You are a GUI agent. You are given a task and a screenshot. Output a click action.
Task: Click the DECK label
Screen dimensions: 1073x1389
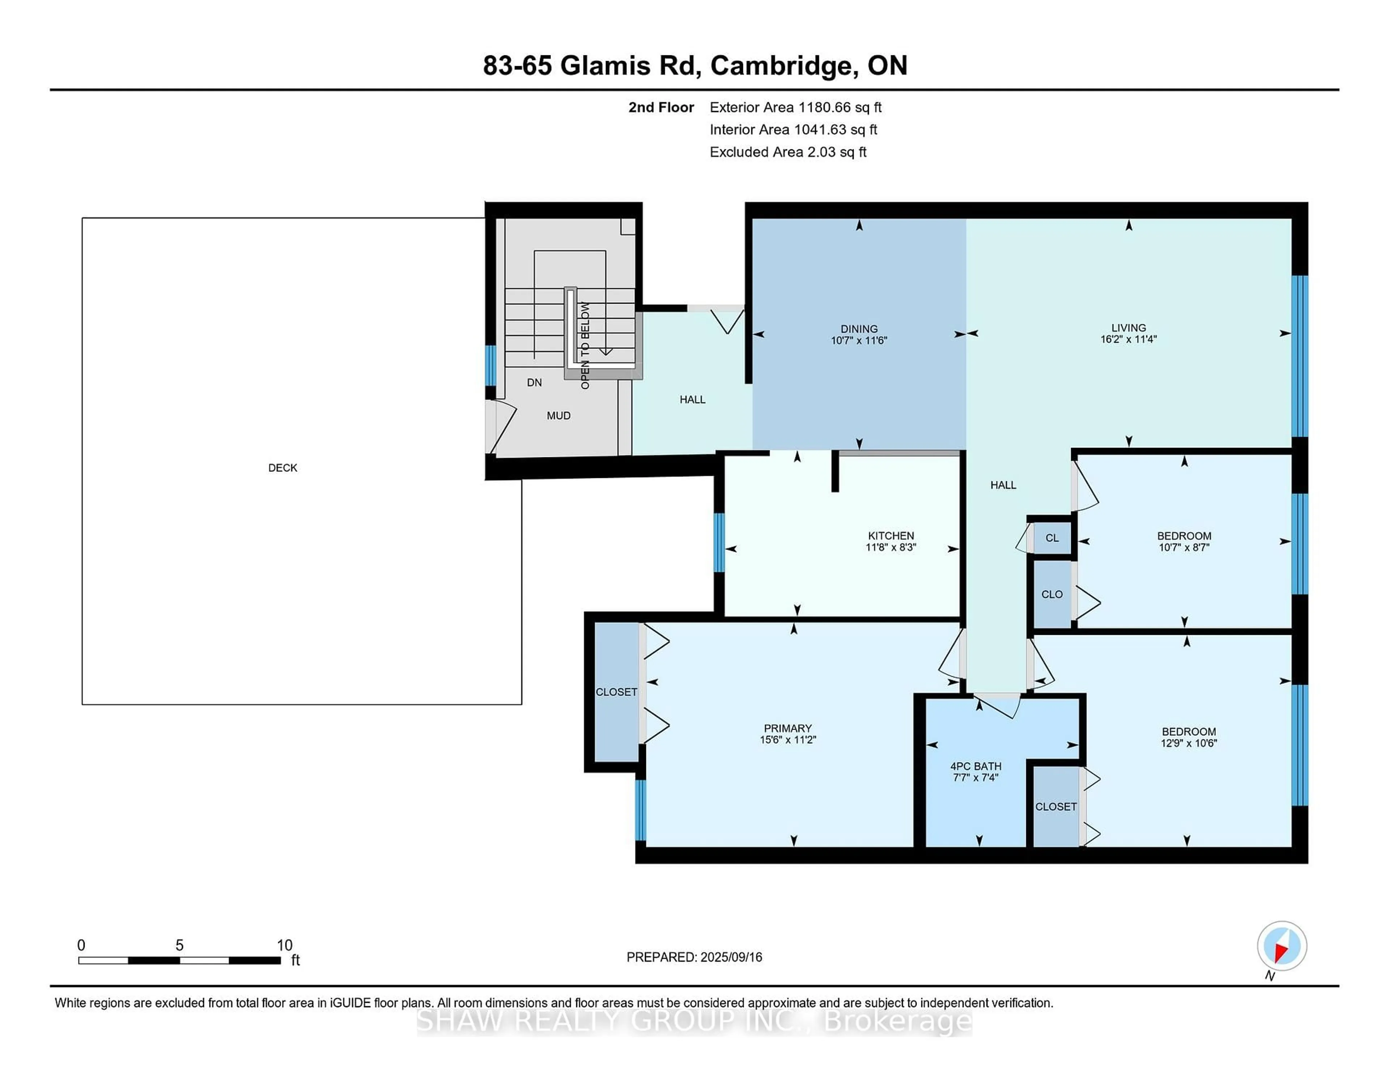point(283,468)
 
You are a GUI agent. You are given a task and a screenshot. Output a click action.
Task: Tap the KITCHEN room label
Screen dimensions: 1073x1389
point(891,536)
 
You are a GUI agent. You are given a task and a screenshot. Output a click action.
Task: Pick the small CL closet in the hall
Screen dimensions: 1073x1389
point(1052,538)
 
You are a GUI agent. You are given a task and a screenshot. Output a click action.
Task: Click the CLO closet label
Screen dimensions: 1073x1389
point(1052,594)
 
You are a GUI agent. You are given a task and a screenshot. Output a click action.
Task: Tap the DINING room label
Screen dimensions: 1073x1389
point(859,329)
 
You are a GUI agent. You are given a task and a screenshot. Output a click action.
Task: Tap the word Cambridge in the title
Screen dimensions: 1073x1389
point(781,65)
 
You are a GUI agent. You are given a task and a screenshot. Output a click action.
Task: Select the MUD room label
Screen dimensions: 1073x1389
point(558,416)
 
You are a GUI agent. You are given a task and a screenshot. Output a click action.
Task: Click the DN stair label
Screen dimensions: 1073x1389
point(534,382)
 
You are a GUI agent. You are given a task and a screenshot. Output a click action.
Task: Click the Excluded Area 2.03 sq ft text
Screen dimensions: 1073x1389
point(788,152)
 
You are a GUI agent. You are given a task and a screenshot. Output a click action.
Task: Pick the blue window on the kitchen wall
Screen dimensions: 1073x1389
point(719,542)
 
